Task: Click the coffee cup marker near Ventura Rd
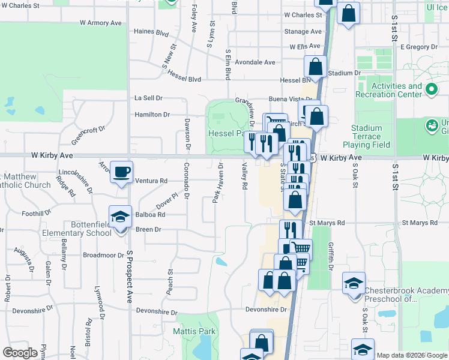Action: pos(121,172)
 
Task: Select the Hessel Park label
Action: pos(226,133)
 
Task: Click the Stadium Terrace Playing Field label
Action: pos(366,136)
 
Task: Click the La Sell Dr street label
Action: pos(148,98)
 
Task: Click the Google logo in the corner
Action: pos(20,353)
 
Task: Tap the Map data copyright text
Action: pos(412,355)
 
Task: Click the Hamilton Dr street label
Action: pos(152,114)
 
